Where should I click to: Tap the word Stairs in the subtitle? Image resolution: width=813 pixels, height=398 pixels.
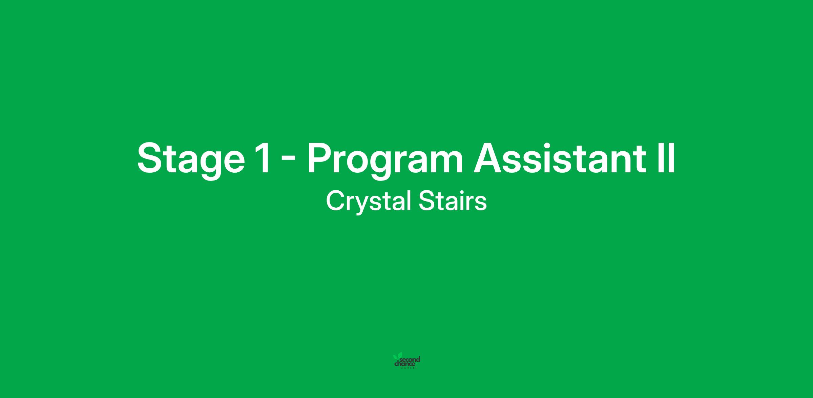[x=453, y=201]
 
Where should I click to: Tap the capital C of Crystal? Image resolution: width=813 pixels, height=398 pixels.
[x=336, y=201]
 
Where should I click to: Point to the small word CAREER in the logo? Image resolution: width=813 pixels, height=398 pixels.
[x=410, y=368]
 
